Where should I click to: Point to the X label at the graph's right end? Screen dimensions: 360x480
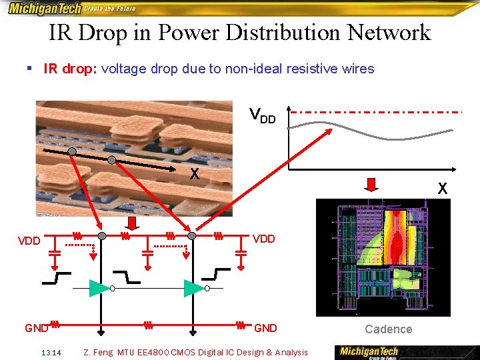click(x=442, y=189)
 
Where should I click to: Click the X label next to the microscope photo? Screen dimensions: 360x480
click(x=194, y=175)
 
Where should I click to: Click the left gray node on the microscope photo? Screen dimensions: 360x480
click(x=71, y=151)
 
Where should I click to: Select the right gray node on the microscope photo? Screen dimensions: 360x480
click(x=112, y=160)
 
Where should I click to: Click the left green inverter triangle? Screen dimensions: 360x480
click(x=99, y=288)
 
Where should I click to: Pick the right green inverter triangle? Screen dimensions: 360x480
click(x=193, y=288)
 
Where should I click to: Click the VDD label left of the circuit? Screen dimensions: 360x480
click(x=29, y=241)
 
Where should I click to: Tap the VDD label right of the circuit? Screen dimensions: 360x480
click(x=264, y=239)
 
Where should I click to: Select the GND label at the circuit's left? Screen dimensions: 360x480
click(x=37, y=327)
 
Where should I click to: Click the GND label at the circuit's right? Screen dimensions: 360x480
click(x=265, y=327)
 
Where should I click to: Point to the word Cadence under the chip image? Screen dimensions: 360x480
click(x=388, y=329)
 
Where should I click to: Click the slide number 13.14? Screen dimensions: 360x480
click(x=51, y=353)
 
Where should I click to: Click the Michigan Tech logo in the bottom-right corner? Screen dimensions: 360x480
click(x=369, y=351)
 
